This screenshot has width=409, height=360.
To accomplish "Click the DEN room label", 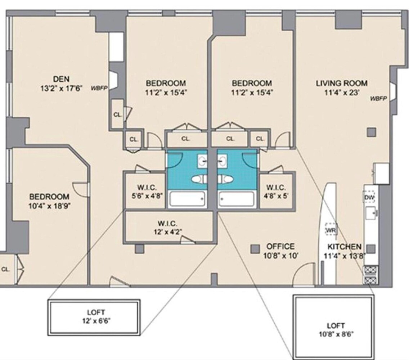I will (61, 79).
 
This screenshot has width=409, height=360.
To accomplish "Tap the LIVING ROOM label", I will (341, 83).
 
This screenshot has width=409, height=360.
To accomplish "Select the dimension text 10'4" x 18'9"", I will (49, 206).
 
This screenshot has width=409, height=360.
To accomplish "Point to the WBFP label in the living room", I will (378, 98).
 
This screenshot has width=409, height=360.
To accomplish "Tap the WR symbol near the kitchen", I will (330, 229).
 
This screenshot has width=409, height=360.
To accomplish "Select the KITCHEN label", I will (344, 247).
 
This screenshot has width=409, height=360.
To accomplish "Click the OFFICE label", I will (280, 247).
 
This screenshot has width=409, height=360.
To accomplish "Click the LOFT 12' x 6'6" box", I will (94, 315).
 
